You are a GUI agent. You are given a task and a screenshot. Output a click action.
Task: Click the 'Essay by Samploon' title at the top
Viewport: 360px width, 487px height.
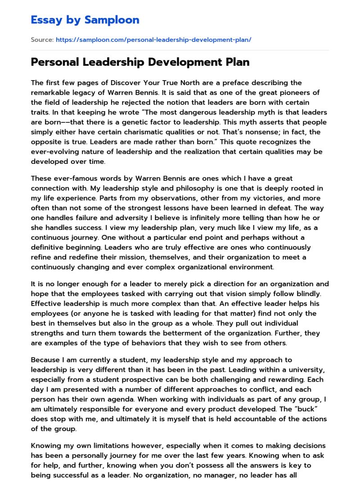click(x=85, y=20)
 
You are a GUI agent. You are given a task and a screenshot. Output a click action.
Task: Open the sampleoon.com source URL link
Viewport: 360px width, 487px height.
click(x=153, y=40)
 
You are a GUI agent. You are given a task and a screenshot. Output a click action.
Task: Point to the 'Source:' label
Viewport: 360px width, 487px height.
click(x=42, y=40)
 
